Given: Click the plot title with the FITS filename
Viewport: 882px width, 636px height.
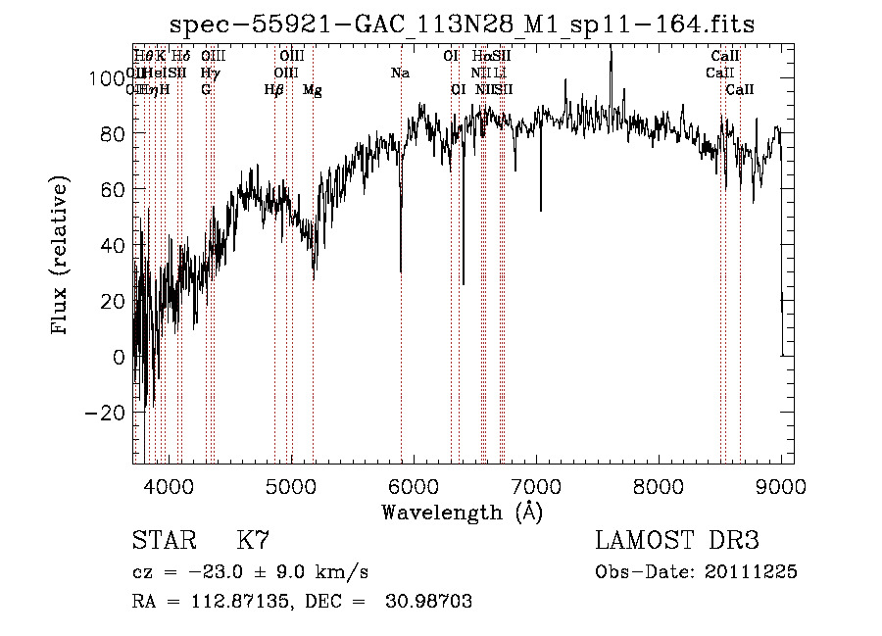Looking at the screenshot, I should (x=462, y=24).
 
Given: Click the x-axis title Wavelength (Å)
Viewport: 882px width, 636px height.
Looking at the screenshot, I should (x=462, y=512).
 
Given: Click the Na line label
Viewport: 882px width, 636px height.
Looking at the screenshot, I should (x=400, y=73).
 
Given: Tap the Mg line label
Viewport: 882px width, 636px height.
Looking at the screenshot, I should (x=312, y=90).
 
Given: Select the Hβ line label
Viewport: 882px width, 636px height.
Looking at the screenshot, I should (x=274, y=90).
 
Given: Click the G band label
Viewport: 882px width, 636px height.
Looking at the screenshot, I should (x=206, y=90).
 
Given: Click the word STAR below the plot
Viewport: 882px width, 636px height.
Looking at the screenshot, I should (x=163, y=541).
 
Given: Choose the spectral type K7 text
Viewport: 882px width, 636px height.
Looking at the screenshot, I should (x=253, y=541).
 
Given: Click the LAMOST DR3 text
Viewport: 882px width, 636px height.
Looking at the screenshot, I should (x=676, y=541).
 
